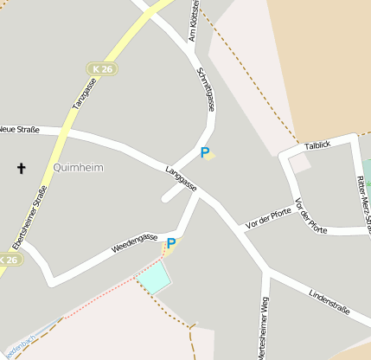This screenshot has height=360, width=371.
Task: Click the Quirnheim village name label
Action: pyautogui.click(x=78, y=167)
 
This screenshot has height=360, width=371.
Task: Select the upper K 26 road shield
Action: pyautogui.click(x=102, y=68)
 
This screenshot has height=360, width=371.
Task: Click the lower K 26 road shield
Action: pyautogui.click(x=8, y=260)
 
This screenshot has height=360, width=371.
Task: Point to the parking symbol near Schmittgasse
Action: pyautogui.click(x=205, y=153)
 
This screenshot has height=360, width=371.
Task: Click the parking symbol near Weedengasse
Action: pyautogui.click(x=171, y=244)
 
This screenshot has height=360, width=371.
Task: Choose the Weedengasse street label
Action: pyautogui.click(x=134, y=243)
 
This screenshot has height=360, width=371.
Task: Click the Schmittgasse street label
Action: pyautogui.click(x=206, y=88)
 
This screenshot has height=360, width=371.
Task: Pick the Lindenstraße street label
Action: pyautogui.click(x=327, y=302)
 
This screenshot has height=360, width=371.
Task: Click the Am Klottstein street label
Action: pyautogui.click(x=195, y=21)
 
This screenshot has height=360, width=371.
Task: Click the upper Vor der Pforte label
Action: pyautogui.click(x=269, y=219)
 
